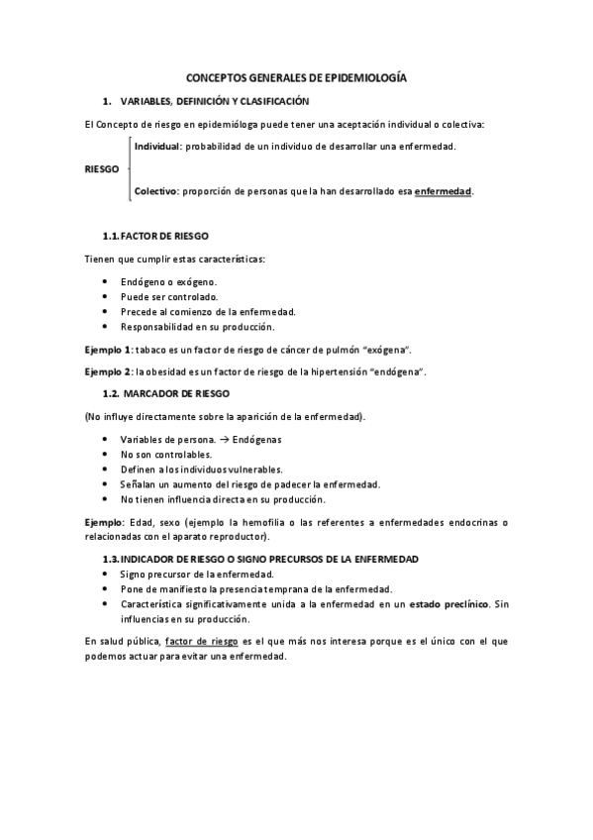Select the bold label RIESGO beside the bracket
[x=103, y=168]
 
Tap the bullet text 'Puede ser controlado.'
[x=169, y=296]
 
